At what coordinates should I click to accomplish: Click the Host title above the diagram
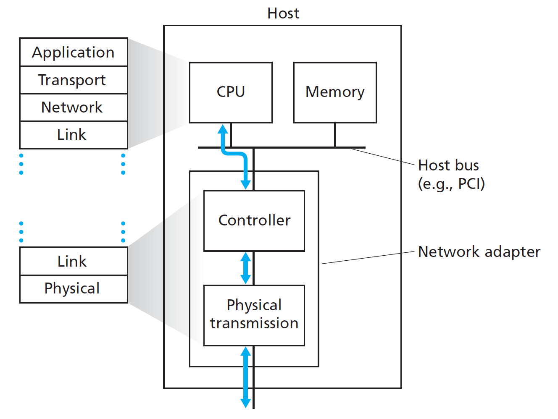pyautogui.click(x=283, y=13)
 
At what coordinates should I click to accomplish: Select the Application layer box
pyautogui.click(x=74, y=52)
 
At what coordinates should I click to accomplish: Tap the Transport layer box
pyautogui.click(x=74, y=80)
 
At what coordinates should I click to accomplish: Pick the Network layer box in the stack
pyautogui.click(x=74, y=107)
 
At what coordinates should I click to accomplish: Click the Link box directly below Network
pyautogui.click(x=74, y=135)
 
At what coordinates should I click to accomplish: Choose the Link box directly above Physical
pyautogui.click(x=74, y=261)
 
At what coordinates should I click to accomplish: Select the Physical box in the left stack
pyautogui.click(x=74, y=288)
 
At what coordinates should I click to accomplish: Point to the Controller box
pyautogui.click(x=254, y=221)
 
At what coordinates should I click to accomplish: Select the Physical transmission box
pyautogui.click(x=254, y=315)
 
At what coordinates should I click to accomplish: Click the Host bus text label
pyautogui.click(x=448, y=165)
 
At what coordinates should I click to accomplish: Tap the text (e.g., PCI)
pyautogui.click(x=451, y=184)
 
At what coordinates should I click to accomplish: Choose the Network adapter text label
pyautogui.click(x=479, y=252)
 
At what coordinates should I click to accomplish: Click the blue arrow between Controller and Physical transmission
pyautogui.click(x=246, y=268)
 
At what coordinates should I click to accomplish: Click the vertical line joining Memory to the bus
pyautogui.click(x=335, y=135)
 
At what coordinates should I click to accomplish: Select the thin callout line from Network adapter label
pyautogui.click(x=368, y=258)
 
